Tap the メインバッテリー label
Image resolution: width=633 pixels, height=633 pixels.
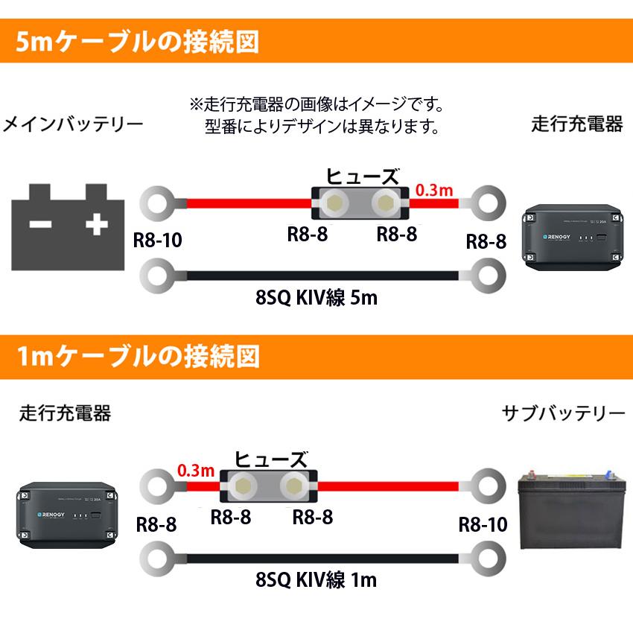[x=73, y=124]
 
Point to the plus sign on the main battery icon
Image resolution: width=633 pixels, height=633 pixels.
[x=96, y=224]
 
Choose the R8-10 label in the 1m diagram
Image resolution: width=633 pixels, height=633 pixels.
[x=483, y=524]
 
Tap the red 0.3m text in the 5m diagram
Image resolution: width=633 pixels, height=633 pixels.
[x=434, y=189]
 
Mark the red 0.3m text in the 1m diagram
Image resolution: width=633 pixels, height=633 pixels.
[x=196, y=471]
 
